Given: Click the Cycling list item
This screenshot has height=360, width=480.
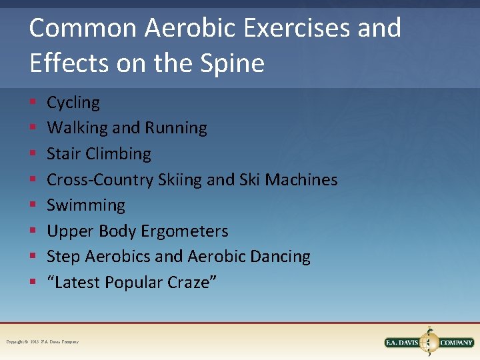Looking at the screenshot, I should (73, 103).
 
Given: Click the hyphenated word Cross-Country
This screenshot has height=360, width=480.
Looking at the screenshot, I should (101, 179).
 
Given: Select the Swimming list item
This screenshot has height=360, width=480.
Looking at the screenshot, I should (86, 205).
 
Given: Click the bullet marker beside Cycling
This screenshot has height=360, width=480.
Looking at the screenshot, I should (33, 103).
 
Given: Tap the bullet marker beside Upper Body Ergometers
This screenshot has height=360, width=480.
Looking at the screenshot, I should (33, 232).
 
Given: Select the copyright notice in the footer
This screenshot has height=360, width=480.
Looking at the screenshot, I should (43, 342).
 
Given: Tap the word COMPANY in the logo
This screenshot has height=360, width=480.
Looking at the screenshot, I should (455, 343).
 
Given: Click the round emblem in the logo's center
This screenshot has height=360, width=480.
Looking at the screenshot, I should (429, 341).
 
